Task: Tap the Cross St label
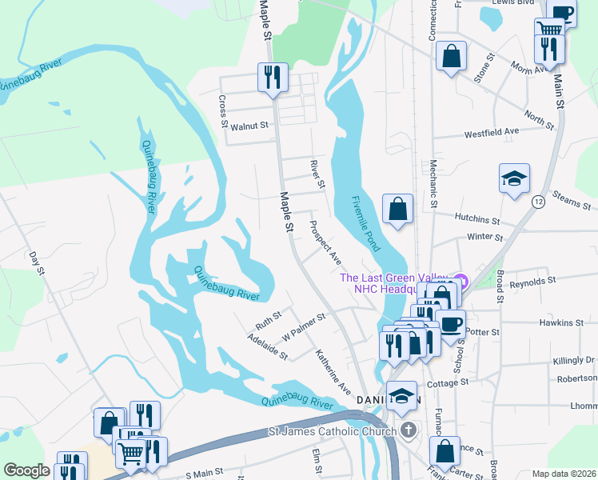click(222, 111)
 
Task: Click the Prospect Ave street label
click(325, 243)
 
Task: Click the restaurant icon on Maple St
click(272, 78)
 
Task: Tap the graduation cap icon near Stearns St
click(514, 179)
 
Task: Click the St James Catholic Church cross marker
click(408, 431)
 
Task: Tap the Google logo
click(26, 470)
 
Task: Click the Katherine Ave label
click(333, 370)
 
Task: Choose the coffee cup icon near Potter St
click(450, 325)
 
